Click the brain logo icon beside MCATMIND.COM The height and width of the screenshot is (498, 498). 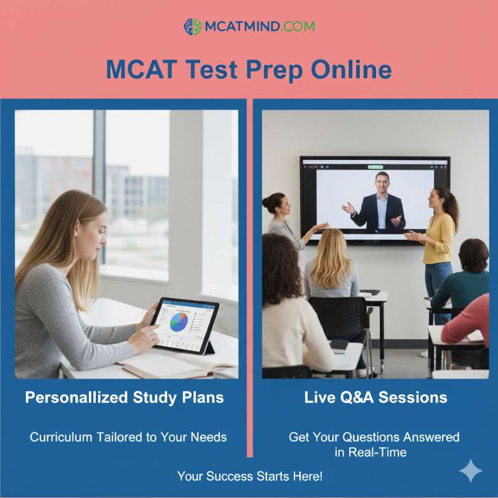(x=192, y=27)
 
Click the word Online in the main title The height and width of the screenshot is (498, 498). (x=352, y=69)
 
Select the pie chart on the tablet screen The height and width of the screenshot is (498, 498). (x=178, y=321)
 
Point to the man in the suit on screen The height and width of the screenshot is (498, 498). (x=380, y=205)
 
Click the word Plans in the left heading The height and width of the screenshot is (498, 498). (x=202, y=398)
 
